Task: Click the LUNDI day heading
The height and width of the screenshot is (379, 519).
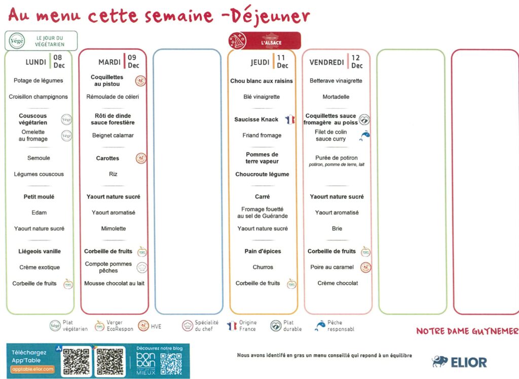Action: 36,62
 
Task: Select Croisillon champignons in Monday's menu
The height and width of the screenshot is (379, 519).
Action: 39,97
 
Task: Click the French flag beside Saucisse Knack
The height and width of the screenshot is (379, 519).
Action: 289,120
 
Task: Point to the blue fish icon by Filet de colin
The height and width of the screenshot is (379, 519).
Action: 364,135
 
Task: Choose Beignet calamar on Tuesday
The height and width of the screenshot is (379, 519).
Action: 113,136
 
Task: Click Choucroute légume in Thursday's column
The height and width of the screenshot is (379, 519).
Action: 262,174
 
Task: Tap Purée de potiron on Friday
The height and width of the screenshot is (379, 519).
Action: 337,158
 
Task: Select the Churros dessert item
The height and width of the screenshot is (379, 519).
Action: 263,267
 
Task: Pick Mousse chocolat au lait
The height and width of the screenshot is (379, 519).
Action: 114,283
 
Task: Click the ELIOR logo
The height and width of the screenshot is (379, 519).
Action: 460,362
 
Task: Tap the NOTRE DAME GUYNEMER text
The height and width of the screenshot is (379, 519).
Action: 467,331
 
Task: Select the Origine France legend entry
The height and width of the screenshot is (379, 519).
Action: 242,326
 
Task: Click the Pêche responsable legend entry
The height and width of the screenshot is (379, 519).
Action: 334,326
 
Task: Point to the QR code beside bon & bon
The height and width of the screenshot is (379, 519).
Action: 171,363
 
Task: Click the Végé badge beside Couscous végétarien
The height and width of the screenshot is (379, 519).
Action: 66,119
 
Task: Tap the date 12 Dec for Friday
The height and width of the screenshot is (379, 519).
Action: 357,62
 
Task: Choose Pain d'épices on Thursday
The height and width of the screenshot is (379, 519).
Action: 263,251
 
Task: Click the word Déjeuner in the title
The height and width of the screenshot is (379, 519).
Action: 269,16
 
